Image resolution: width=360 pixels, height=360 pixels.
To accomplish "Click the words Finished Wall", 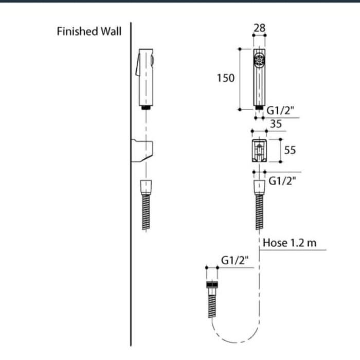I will pos(89,32).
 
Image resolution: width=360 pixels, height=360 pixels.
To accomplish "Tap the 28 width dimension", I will pos(260,28).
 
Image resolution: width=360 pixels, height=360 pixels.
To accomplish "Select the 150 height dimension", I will pos(226,78).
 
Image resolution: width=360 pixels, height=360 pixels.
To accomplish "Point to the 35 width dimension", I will pos(276,124).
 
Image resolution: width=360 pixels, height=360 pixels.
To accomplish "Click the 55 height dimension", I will pos(290,150).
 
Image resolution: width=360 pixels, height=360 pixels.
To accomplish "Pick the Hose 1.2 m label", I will pos(290,243).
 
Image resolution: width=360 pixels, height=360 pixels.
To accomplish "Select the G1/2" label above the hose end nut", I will pos(235,260).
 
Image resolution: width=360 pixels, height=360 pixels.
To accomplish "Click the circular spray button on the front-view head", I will pos(259,61).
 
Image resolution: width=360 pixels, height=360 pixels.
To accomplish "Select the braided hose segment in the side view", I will pos(147,211).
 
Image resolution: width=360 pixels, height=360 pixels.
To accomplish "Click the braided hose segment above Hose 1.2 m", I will pos(260,211).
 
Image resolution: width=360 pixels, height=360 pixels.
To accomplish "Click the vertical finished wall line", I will pos(131,206).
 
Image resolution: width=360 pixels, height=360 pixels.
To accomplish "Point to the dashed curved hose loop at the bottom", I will pos(234,337).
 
